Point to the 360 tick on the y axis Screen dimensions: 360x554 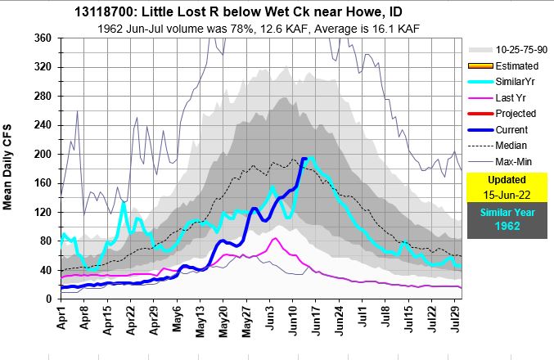point(44,39)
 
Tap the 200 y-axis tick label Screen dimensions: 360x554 point(44,155)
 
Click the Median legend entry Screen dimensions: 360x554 point(511,145)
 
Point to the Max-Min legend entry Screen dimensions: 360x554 point(513,160)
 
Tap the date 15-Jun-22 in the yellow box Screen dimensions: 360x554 point(501,195)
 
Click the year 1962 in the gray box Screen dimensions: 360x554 point(501,226)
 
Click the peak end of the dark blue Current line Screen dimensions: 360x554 point(304,159)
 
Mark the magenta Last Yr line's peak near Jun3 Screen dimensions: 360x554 point(275,239)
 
